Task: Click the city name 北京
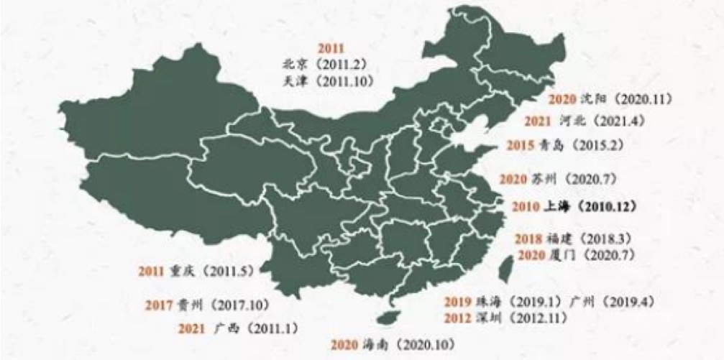(295, 65)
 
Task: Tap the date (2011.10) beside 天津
(344, 80)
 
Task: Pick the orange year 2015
(520, 144)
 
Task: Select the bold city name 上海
(552, 206)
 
